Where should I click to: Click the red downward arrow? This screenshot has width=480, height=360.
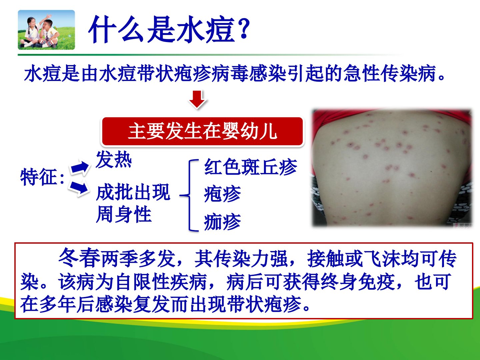(x=197, y=99)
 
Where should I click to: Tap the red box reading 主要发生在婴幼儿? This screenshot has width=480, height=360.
(x=202, y=131)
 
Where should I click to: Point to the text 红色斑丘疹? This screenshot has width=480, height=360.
(x=250, y=167)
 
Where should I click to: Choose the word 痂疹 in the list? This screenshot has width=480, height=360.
(x=222, y=222)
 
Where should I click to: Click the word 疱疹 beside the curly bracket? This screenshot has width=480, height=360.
(x=222, y=194)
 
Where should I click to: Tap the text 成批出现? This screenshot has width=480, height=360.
(x=133, y=192)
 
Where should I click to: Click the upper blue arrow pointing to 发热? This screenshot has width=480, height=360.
(x=80, y=167)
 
